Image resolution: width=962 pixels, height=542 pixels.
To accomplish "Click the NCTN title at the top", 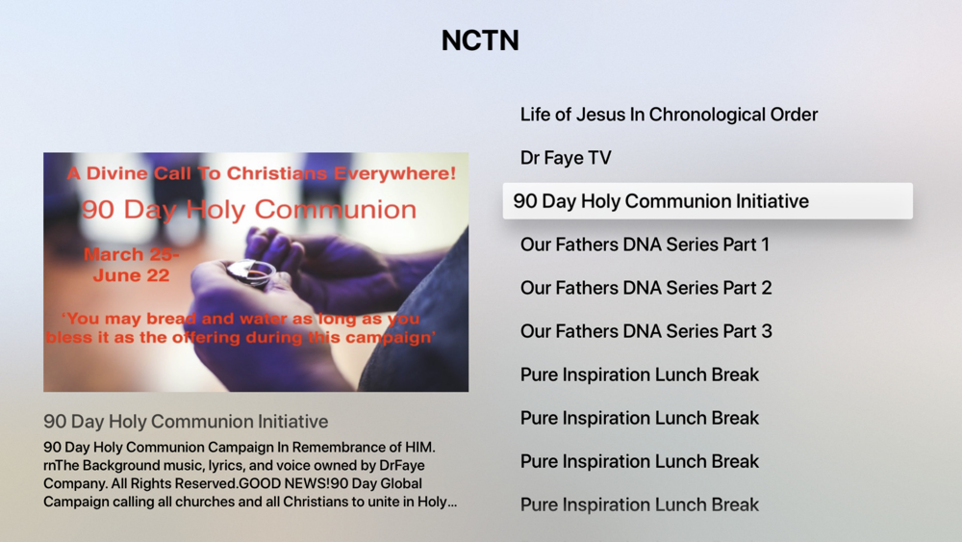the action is (x=480, y=40).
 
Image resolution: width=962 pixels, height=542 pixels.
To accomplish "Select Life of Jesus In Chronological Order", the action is (x=669, y=115).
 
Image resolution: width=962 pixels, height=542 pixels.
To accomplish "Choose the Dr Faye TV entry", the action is (x=566, y=159).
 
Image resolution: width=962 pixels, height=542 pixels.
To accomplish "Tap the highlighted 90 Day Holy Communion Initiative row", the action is (x=707, y=200).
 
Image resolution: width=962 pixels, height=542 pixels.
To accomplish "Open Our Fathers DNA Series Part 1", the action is (x=645, y=245).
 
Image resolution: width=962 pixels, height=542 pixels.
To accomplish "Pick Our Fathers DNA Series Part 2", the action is (x=646, y=288).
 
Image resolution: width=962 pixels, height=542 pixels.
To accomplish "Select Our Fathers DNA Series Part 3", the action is (x=646, y=331).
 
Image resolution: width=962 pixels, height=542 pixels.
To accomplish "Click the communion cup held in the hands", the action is (x=250, y=272).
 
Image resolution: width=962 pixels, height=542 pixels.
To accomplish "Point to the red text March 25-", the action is (x=131, y=254).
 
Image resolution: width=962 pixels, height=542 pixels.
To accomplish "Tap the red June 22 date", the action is (x=131, y=275).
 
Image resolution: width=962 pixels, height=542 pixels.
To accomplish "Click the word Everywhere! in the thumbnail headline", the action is (x=395, y=173).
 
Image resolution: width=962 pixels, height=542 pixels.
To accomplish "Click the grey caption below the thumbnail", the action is (x=186, y=422).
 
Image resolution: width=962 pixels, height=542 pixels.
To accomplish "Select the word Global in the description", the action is (x=400, y=483).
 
